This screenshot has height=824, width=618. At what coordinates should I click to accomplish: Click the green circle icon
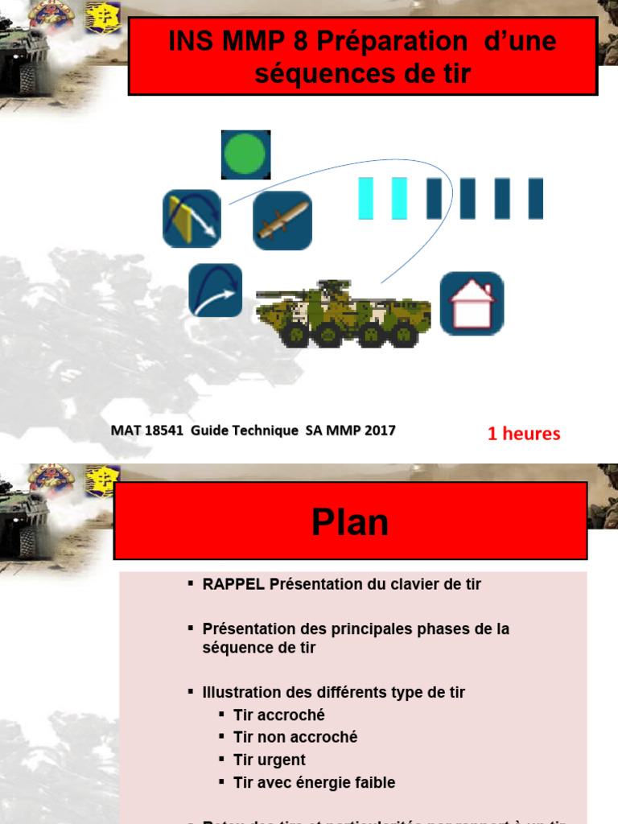tap(245, 154)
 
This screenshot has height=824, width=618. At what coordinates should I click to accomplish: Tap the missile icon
tap(282, 220)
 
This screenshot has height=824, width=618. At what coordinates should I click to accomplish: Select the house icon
tap(472, 303)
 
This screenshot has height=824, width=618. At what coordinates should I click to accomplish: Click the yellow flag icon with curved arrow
tap(192, 218)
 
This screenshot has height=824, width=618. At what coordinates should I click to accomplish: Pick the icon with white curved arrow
tap(216, 290)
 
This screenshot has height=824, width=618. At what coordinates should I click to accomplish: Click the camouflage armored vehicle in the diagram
tap(344, 314)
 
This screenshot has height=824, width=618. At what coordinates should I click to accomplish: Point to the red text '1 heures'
tap(524, 434)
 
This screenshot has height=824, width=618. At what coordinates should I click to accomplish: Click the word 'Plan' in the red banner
tap(350, 523)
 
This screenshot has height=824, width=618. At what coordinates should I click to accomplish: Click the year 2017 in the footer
tap(379, 431)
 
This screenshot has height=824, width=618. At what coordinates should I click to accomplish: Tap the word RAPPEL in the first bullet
tap(233, 584)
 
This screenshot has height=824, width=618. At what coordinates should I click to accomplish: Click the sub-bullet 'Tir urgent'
tap(270, 760)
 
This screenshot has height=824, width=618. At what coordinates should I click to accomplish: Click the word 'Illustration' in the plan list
tap(239, 692)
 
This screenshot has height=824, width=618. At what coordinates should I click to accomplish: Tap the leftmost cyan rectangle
tap(366, 199)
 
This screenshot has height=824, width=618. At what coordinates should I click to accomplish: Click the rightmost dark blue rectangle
tap(536, 199)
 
